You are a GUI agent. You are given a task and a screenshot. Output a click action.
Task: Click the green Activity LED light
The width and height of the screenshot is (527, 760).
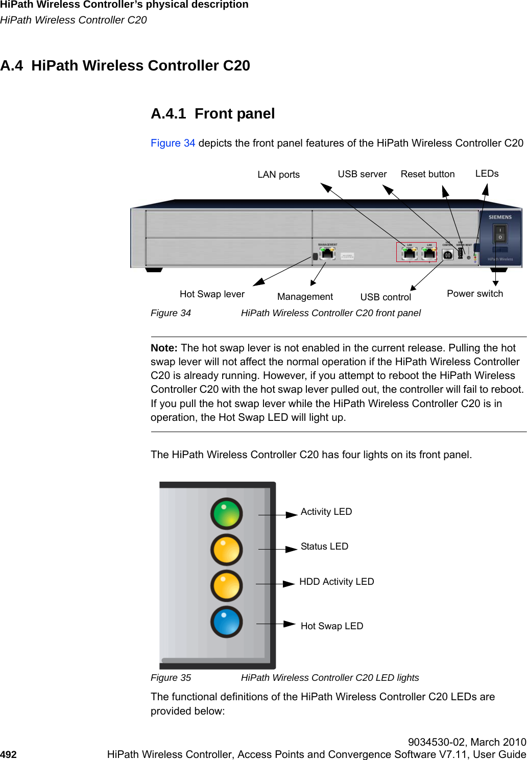[226, 513]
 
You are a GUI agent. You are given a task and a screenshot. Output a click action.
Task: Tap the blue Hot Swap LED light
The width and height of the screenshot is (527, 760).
[226, 622]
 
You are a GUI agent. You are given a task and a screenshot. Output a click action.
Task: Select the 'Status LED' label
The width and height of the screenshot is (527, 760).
[324, 547]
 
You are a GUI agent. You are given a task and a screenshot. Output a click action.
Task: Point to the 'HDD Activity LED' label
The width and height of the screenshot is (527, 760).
[337, 582]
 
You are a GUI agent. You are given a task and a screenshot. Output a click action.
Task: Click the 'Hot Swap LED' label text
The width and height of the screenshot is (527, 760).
[332, 626]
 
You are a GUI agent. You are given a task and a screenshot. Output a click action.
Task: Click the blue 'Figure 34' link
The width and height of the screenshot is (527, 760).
[173, 143]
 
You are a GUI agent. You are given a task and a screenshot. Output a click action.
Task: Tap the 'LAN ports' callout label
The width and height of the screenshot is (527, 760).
[278, 175]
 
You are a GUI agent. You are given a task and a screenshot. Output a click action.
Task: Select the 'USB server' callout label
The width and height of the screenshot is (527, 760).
[362, 174]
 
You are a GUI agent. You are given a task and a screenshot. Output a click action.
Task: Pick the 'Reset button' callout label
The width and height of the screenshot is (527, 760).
[427, 174]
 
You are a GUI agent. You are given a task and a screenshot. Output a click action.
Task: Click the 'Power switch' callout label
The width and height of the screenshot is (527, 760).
[475, 294]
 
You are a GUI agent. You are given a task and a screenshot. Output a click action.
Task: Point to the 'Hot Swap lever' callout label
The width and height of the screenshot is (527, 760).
[212, 294]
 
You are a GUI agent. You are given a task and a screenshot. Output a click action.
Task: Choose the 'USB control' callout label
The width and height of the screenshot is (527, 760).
[386, 297]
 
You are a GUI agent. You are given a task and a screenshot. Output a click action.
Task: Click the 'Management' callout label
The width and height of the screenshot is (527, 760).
[305, 297]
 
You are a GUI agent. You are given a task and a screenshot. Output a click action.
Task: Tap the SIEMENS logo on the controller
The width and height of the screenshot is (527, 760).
[500, 217]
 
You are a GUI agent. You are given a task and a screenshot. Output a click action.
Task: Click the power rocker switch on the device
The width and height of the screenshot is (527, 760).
[500, 234]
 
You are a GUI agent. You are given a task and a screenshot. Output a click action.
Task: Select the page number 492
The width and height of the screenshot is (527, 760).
[8, 754]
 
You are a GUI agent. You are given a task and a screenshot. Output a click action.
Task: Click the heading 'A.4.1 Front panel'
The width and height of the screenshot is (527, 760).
[212, 113]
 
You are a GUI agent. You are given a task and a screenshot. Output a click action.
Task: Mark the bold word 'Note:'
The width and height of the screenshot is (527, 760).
[164, 348]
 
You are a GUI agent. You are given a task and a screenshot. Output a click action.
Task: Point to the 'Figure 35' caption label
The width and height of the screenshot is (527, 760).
[171, 678]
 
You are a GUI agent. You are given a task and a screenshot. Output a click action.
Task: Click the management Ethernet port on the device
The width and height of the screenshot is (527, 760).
[327, 253]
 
